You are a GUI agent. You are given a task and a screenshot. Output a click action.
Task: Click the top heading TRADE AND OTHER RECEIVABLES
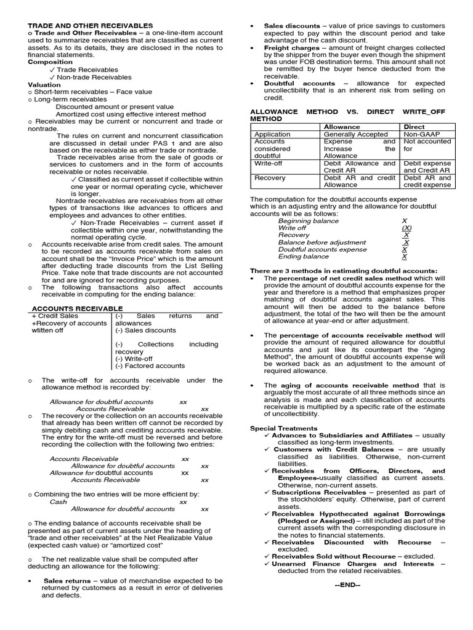tap(91, 26)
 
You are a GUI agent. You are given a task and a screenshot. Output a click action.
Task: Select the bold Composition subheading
tap(50, 62)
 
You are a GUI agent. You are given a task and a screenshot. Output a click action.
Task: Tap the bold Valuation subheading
tap(44, 84)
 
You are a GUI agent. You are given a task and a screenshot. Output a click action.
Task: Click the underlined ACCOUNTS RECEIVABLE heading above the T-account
tap(77, 308)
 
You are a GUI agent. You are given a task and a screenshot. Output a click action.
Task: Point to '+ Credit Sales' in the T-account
tap(56, 316)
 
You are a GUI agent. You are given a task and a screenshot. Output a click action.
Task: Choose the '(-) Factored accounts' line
tap(150, 365)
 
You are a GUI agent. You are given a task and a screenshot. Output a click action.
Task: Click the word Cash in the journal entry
tap(59, 501)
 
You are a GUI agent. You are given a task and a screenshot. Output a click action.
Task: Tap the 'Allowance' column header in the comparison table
tap(342, 127)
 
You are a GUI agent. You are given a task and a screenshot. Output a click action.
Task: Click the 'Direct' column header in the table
tap(414, 127)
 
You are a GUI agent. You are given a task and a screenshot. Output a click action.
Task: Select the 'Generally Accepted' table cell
tap(356, 134)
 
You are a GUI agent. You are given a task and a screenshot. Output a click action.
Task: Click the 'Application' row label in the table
tap(272, 134)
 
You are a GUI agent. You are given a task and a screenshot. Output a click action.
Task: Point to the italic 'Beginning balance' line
tap(309, 221)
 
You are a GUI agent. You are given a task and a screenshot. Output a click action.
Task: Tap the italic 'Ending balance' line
tap(303, 257)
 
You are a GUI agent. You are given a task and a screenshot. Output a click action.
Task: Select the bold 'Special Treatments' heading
tap(283, 428)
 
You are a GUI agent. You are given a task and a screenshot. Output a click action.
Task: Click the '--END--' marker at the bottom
tap(347, 585)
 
